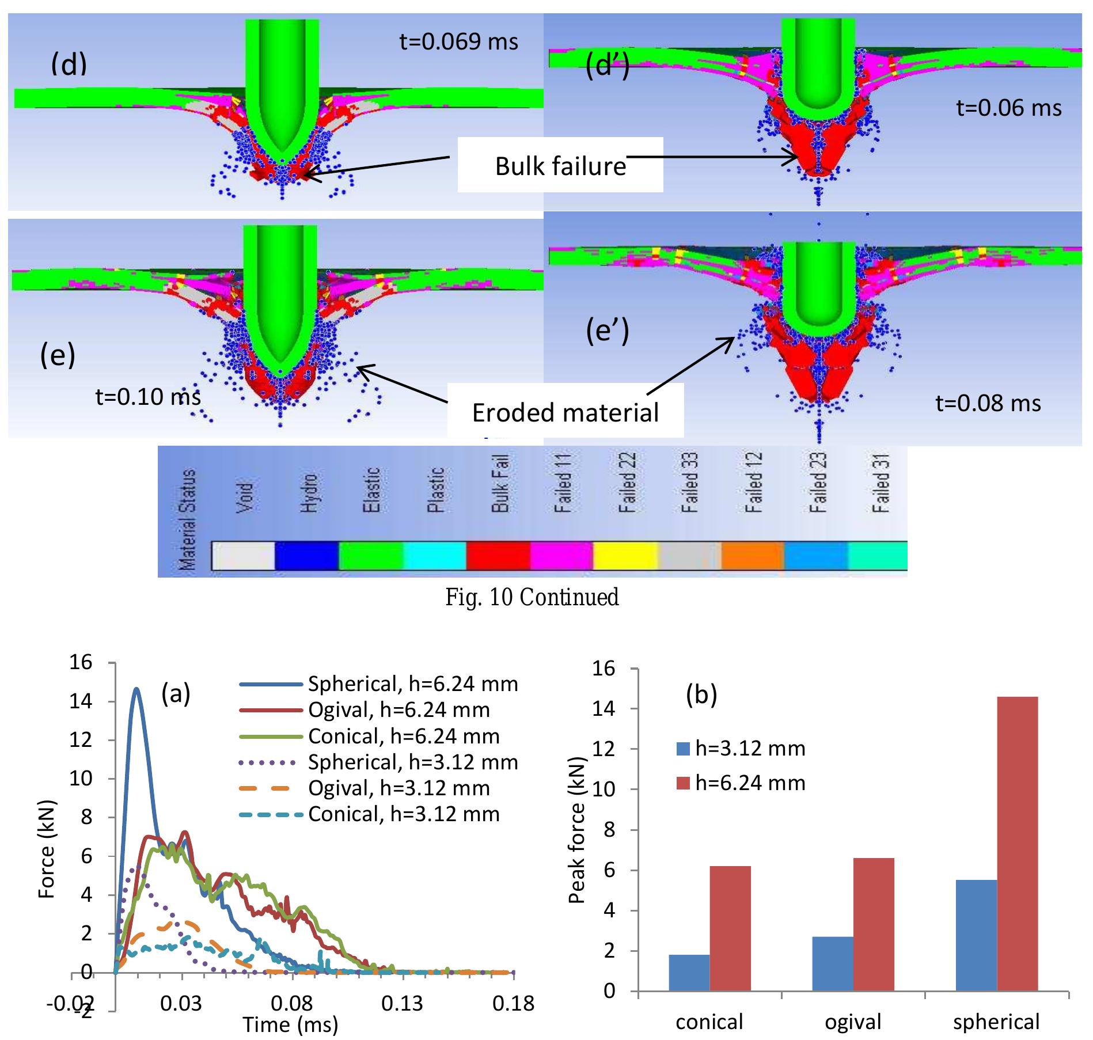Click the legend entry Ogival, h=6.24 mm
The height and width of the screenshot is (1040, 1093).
coord(399,710)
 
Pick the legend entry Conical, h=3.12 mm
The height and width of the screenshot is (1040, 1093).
coord(403,814)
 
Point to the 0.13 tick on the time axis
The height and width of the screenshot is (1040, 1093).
coord(402,1004)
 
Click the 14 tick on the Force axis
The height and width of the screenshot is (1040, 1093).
coord(81,701)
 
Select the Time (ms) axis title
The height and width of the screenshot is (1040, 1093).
coord(290,1024)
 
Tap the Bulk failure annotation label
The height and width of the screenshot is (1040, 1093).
coord(560,166)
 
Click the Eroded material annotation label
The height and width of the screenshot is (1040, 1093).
coord(565,413)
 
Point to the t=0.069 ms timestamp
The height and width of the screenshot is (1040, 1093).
coord(458,41)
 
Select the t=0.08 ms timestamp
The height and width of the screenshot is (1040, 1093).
coord(988,403)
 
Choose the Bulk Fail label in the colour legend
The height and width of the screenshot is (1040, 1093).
coord(499,484)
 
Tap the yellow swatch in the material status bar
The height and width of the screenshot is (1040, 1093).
coord(625,555)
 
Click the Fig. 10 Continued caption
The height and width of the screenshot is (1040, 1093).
coord(532,597)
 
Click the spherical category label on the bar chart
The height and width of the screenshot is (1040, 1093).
coord(996,1022)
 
